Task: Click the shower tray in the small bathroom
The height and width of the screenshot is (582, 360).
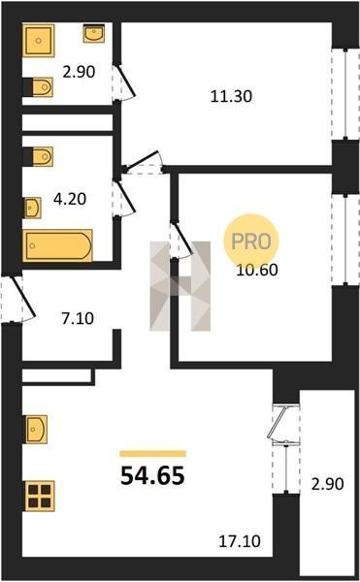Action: tap(38, 41)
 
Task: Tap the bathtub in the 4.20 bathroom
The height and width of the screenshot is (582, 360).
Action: tap(57, 245)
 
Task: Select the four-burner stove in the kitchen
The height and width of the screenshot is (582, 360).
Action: tap(40, 496)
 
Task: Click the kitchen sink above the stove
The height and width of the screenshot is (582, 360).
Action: tap(36, 429)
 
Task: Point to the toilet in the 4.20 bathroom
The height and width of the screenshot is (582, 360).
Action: tap(38, 156)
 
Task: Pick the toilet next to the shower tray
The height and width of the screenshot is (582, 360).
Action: tap(38, 87)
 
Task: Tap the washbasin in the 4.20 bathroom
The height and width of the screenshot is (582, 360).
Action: tap(33, 208)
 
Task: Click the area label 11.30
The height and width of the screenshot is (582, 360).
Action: tap(231, 96)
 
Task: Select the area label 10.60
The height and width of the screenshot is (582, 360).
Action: tap(257, 270)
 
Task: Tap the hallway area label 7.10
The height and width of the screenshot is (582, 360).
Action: tap(78, 318)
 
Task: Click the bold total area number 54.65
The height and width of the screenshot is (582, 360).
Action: tap(152, 476)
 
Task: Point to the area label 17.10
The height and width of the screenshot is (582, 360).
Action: tap(240, 541)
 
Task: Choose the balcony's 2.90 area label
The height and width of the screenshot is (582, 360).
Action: tap(327, 484)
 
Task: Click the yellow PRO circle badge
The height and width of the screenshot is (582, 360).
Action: tap(251, 242)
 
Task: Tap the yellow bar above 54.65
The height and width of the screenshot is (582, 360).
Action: tap(153, 454)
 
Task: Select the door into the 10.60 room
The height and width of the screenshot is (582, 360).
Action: tap(181, 240)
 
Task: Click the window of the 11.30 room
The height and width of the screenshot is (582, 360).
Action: tap(345, 94)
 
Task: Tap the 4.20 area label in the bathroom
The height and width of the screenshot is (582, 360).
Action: tap(70, 199)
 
